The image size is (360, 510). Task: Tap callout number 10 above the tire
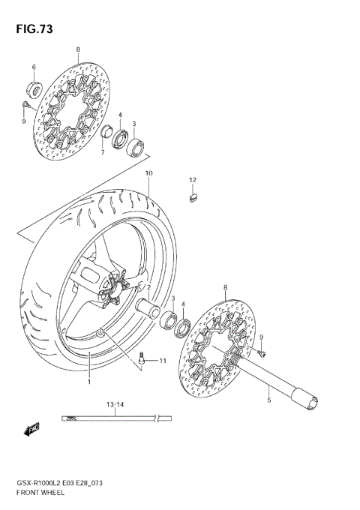coord(149,173)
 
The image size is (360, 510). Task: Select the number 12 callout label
coord(192,180)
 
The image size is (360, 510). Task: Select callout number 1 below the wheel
coord(88,381)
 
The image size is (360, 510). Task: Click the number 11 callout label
coord(162,361)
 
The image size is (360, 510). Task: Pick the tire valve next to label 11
coord(145,360)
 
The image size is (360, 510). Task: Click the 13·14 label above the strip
coord(115,404)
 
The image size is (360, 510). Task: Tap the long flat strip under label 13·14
coord(112,416)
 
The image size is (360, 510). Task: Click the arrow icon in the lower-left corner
coord(31,430)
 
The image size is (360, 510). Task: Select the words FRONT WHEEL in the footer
coord(40,496)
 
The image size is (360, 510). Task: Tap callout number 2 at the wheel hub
coord(149,287)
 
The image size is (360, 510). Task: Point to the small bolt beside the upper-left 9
coord(26,103)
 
